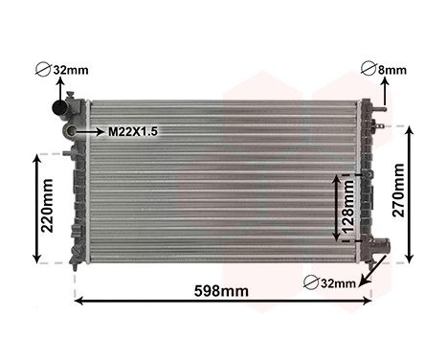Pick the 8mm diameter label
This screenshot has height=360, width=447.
(x=391, y=70)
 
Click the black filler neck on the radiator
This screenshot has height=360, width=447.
(x=69, y=108)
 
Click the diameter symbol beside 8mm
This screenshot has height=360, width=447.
(x=369, y=69)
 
